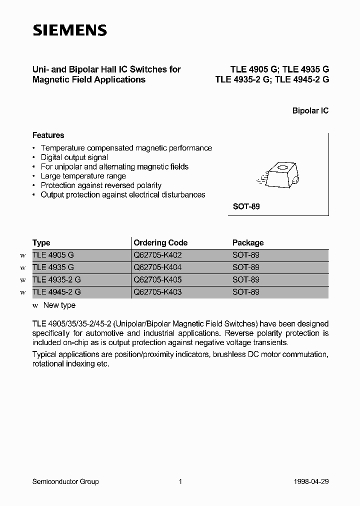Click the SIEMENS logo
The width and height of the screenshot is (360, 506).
(69, 30)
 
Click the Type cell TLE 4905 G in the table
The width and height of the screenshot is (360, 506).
(53, 255)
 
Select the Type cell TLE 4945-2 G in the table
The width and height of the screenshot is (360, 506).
(56, 292)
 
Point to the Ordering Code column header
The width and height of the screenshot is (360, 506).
(160, 242)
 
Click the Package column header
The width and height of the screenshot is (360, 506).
(248, 242)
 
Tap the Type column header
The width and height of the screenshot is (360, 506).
(41, 242)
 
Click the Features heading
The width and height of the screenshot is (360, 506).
(48, 135)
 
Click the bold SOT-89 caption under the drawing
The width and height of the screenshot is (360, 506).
(246, 206)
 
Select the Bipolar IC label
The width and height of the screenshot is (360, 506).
(310, 111)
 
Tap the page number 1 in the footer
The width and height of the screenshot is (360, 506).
(180, 481)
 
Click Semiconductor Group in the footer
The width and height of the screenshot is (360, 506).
(65, 481)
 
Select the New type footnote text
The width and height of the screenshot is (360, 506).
(59, 305)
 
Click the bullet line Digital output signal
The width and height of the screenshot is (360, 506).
(74, 157)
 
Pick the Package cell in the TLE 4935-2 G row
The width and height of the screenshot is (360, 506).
(246, 280)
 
